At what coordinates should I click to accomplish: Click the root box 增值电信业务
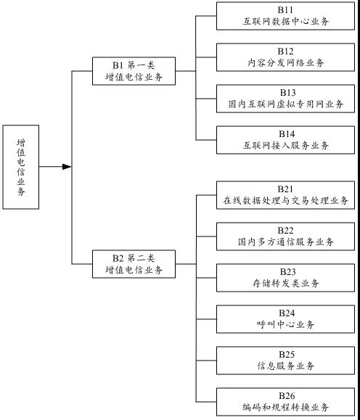click(21, 167)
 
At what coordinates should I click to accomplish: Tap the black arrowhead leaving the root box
click(67, 167)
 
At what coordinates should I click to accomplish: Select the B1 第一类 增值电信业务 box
click(134, 71)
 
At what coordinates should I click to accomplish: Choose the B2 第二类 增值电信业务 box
click(134, 264)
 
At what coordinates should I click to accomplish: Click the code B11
click(285, 10)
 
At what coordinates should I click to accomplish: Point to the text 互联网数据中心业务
click(285, 22)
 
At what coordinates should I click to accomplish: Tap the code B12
click(285, 52)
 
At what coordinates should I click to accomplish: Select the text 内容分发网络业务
click(285, 62)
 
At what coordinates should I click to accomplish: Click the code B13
click(287, 92)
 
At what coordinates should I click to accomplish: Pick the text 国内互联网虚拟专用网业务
click(286, 104)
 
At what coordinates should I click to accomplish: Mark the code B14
click(287, 133)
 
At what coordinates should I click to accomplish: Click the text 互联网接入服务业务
click(285, 145)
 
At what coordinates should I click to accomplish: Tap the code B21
click(285, 189)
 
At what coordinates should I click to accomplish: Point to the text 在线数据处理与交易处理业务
click(285, 200)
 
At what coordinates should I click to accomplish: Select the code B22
click(285, 231)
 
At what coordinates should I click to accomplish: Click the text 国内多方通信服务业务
click(286, 242)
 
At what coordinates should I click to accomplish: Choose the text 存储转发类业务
click(286, 283)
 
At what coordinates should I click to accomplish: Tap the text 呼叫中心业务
click(285, 324)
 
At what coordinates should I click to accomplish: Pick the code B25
click(287, 355)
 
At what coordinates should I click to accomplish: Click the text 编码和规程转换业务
click(285, 407)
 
